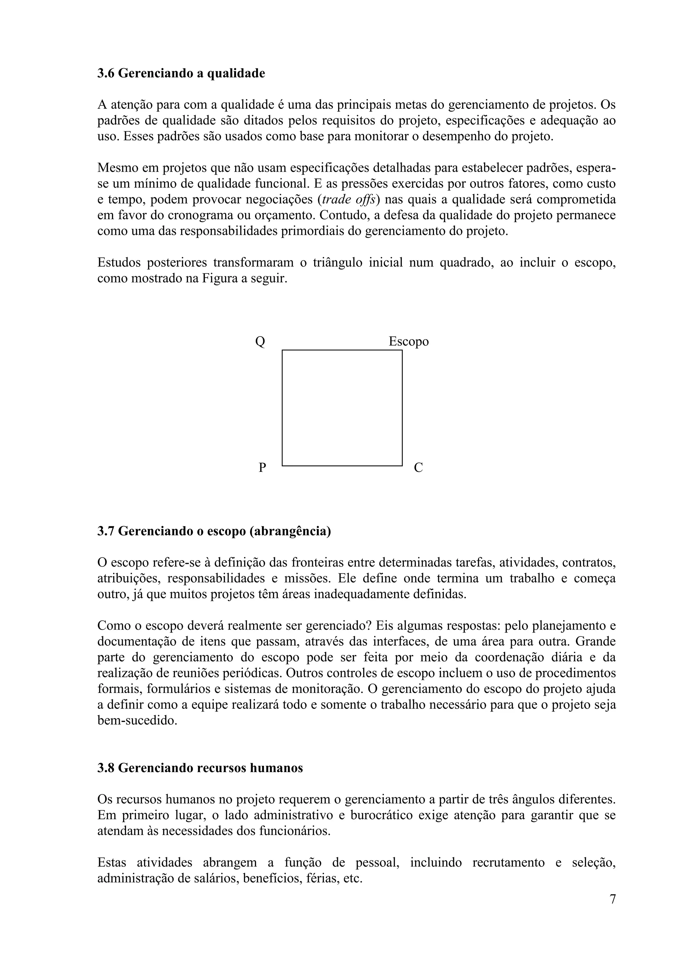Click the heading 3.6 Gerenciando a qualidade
pos(181,73)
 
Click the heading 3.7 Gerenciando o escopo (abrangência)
pos(214,531)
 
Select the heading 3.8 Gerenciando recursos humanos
pos(200,768)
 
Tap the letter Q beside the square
pos(260,342)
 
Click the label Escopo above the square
pos(408,342)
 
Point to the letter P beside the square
pos(262,467)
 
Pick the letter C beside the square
pos(418,467)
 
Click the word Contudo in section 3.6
pos(342,215)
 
